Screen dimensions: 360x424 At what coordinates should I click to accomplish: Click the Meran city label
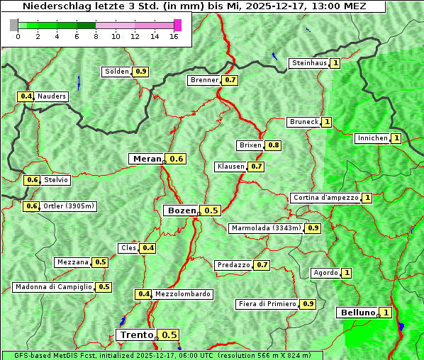coord(147,159)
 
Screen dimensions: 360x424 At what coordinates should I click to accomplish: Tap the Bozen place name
coord(180,210)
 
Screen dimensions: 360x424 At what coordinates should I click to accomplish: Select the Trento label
coord(136,335)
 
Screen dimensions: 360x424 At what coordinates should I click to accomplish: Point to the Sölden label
coord(117,72)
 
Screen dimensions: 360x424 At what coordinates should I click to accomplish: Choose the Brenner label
coord(204,80)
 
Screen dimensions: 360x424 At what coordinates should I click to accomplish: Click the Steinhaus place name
coord(309,63)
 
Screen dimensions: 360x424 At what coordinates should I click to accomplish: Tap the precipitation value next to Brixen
coord(274,145)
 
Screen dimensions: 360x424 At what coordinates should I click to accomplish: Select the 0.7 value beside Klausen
coord(257,167)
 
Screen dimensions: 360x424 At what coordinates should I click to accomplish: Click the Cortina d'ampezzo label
coord(325,198)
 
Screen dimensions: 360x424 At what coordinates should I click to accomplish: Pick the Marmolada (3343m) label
coord(266,228)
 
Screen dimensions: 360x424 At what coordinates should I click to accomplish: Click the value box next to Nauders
coord(26,96)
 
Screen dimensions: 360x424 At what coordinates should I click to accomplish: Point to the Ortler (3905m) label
coord(69,206)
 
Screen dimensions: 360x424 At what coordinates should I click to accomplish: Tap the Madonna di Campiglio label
coord(53,287)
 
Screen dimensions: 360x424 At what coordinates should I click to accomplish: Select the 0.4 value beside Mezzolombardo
coord(143,294)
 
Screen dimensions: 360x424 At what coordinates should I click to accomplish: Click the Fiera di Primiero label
coord(267,304)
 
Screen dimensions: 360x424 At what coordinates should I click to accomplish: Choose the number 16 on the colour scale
coord(174,37)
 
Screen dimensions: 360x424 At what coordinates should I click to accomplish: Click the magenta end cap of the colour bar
coord(177,25)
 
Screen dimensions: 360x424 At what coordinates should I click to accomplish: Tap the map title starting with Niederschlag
coord(193,6)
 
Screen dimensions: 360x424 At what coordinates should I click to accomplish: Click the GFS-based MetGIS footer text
coord(161,355)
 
